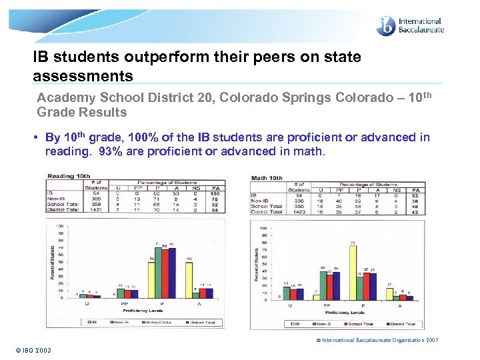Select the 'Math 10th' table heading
(267, 178)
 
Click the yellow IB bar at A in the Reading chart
(189, 279)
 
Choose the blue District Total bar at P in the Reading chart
(172, 271)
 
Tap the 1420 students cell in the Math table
(299, 213)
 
